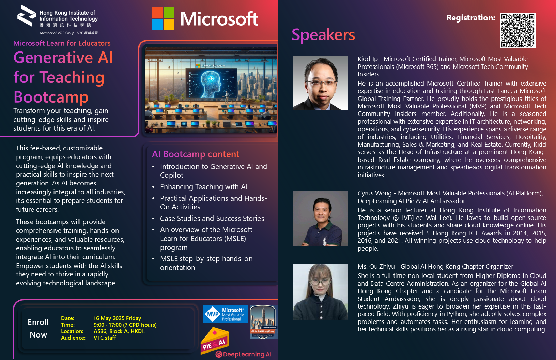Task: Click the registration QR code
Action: (x=518, y=30)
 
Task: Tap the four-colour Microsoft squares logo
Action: (x=163, y=18)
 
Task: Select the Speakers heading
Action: (x=323, y=35)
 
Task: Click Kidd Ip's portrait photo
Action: (x=320, y=82)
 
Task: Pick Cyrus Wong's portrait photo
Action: (x=320, y=218)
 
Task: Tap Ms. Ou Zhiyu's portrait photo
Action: (x=320, y=291)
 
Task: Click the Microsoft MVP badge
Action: (x=225, y=314)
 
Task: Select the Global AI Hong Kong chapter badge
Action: (x=263, y=322)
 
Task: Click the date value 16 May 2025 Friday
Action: (x=117, y=318)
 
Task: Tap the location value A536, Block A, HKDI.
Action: (x=119, y=331)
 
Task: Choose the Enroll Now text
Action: (x=38, y=328)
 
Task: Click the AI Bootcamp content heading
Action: (x=195, y=154)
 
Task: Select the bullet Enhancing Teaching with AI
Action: (x=204, y=187)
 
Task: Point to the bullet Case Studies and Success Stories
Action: (x=212, y=218)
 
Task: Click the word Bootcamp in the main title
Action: (x=51, y=97)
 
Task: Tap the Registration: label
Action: (x=470, y=18)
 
